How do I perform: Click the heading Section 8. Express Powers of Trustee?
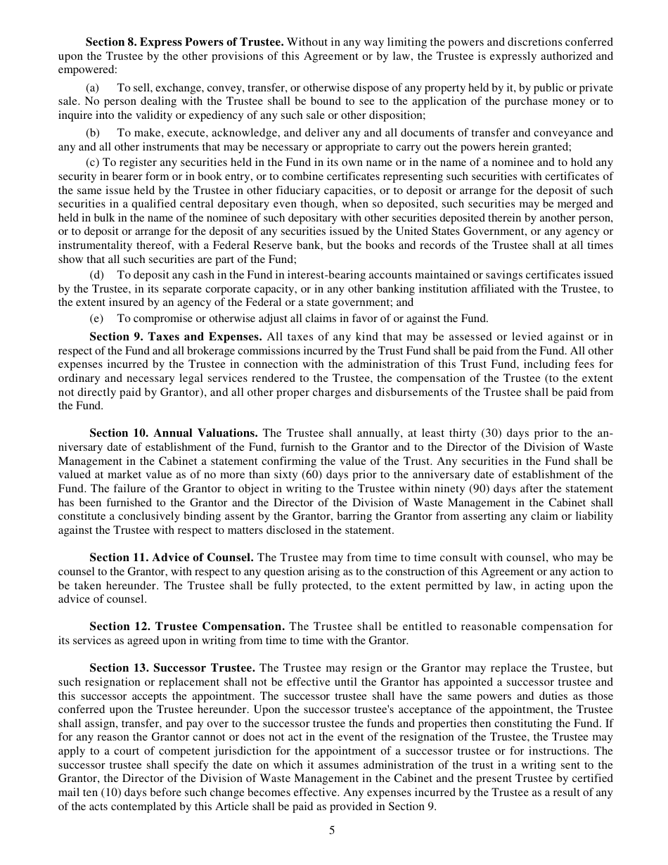click(184, 42)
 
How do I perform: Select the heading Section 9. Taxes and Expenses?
click(176, 338)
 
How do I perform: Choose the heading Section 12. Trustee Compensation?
click(186, 627)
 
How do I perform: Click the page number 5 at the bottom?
click(332, 831)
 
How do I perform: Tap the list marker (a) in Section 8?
click(92, 88)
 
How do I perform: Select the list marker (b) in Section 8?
click(93, 133)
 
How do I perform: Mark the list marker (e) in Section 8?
click(92, 318)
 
